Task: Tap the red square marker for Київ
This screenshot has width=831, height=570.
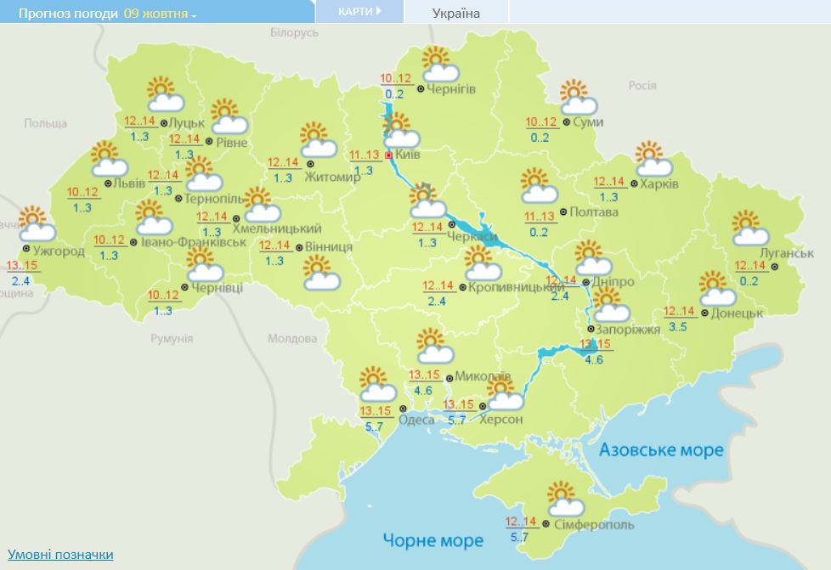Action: click(x=389, y=156)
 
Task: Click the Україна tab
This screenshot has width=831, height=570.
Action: click(x=455, y=14)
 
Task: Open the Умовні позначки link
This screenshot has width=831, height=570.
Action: click(x=60, y=554)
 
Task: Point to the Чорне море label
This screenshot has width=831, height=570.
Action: click(x=432, y=540)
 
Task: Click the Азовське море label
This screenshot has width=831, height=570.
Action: click(x=661, y=449)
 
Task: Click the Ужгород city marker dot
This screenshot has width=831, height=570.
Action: click(x=26, y=249)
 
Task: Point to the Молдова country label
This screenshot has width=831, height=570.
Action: click(x=291, y=338)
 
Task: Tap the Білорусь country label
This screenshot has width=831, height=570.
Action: click(x=293, y=32)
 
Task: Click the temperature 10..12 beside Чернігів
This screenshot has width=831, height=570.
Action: click(x=395, y=80)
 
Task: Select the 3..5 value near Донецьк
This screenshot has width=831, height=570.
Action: click(x=678, y=326)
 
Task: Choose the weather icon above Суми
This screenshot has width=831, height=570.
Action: click(x=578, y=97)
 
